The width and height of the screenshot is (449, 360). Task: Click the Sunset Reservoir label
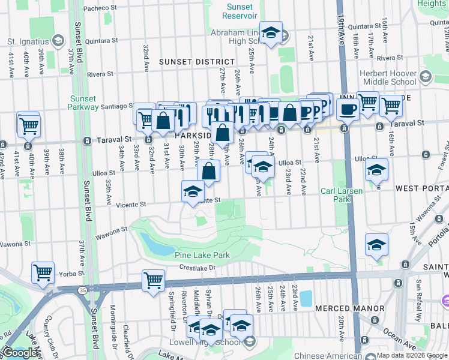pos(239,11)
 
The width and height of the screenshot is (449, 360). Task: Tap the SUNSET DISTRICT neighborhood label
pos(197,62)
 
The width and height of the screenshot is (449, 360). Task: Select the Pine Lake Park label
pos(202,255)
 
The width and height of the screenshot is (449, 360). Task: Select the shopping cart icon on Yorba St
pos(43,273)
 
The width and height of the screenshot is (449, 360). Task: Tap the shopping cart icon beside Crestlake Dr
pos(153,280)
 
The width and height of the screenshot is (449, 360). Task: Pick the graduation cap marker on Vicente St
pos(192,192)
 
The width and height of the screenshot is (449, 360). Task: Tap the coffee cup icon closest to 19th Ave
pos(347,110)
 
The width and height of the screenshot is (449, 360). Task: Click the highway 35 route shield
pos(81,290)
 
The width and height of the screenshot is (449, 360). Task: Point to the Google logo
pos(21,353)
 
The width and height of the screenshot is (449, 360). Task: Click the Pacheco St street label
pos(100,8)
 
